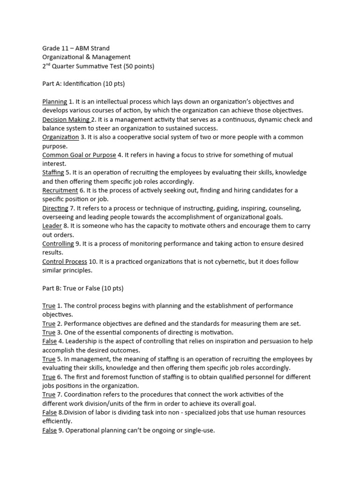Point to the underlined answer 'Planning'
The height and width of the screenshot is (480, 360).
coord(55,102)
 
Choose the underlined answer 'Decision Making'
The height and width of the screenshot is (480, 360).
coord(66,120)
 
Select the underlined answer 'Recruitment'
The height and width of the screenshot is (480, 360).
coord(60,190)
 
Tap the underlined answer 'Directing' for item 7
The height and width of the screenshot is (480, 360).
coord(55,208)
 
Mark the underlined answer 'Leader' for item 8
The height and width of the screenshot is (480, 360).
coord(52,226)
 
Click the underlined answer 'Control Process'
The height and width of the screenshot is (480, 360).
coord(64,262)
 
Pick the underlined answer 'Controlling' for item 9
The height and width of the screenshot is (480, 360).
coord(58,244)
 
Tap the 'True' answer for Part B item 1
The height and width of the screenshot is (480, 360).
coord(49,306)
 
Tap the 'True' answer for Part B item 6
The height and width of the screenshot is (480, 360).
coord(49,377)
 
